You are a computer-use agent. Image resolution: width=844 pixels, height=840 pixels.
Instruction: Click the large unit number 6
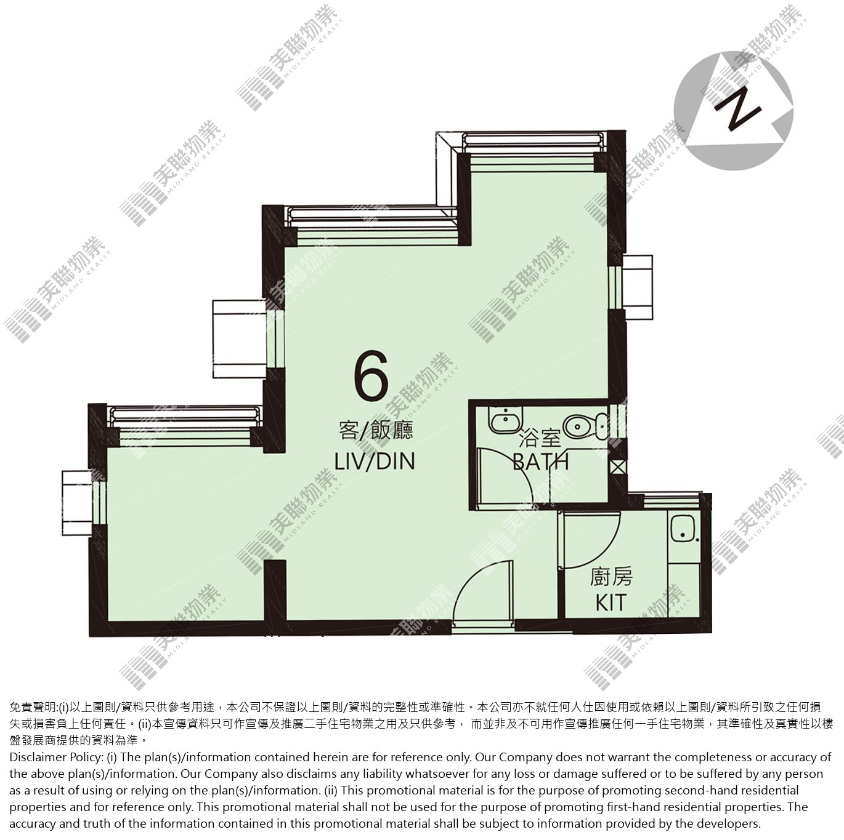point(371,375)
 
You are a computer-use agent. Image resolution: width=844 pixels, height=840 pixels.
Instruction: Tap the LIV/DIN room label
point(375,462)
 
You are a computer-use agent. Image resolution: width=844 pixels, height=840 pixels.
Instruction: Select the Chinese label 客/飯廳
point(376,431)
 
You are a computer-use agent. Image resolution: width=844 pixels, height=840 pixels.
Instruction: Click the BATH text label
point(541,462)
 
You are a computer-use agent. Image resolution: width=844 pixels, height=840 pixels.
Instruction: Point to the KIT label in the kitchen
point(611,602)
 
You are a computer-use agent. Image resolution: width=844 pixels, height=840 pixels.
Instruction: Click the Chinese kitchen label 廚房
point(611,577)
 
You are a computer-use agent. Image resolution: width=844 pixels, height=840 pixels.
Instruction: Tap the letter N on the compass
point(737,111)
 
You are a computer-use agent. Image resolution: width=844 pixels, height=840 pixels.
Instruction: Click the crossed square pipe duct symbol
point(618,467)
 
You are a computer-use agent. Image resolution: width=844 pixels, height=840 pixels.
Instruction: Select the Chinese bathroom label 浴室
point(540,439)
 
